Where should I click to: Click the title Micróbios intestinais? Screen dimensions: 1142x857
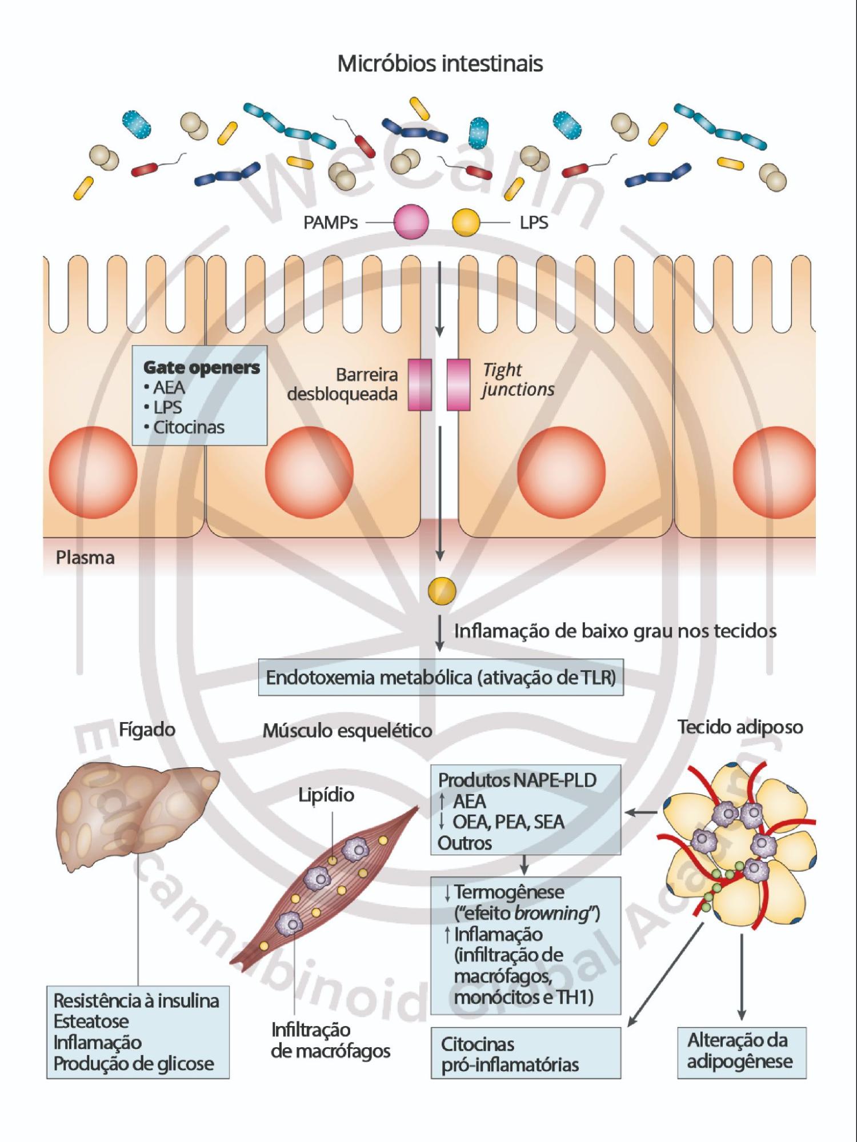[x=440, y=63]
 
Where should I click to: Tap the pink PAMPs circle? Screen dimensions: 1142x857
[x=411, y=222]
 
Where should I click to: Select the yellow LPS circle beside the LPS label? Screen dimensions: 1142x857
[x=466, y=222]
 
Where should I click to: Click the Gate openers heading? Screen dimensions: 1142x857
[x=201, y=367]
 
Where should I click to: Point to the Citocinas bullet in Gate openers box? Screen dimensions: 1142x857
[x=188, y=427]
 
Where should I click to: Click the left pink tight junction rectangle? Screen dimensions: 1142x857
[x=419, y=384]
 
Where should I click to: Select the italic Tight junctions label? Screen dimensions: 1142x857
[x=517, y=379]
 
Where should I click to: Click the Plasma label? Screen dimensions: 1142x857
[x=85, y=558]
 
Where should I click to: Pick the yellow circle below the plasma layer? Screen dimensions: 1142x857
[x=442, y=591]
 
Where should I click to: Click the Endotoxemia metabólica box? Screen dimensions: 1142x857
[x=440, y=678]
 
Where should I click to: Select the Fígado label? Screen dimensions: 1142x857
[x=147, y=730]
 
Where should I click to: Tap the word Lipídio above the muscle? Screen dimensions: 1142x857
[x=326, y=795]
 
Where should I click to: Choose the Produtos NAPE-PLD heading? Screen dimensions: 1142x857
[x=517, y=780]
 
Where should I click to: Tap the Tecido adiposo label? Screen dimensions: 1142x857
[x=740, y=727]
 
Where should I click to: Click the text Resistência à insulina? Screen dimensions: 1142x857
[x=136, y=1001]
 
